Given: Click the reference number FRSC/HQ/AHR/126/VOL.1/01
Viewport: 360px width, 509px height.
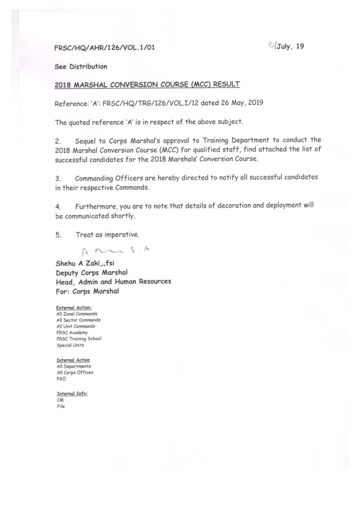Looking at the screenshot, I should point(105,48).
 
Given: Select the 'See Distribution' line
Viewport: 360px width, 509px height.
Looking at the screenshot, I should point(81,67).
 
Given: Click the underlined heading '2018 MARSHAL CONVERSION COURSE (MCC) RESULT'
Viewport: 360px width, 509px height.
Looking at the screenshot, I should point(147,84).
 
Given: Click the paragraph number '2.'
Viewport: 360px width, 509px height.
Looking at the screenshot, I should point(58,141).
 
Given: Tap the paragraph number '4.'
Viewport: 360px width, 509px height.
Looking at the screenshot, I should point(58,207).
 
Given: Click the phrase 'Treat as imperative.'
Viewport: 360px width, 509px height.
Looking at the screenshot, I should point(108,235).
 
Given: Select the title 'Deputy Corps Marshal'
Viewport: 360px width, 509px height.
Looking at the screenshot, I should point(92,273).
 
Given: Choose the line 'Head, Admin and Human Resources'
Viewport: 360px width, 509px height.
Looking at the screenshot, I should point(113,282).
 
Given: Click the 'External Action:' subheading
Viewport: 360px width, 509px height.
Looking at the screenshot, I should point(74,308).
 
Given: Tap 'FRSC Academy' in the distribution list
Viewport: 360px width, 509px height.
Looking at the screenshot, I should point(72,333).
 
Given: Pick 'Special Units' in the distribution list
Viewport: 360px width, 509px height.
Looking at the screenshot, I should point(70,345).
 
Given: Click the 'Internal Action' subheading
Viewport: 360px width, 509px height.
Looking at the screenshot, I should point(73,360).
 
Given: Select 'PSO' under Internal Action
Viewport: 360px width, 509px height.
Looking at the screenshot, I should point(61,379).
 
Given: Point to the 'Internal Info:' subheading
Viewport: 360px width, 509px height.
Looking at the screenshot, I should point(72,394).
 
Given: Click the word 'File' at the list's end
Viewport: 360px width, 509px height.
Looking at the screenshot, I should point(61,406).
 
